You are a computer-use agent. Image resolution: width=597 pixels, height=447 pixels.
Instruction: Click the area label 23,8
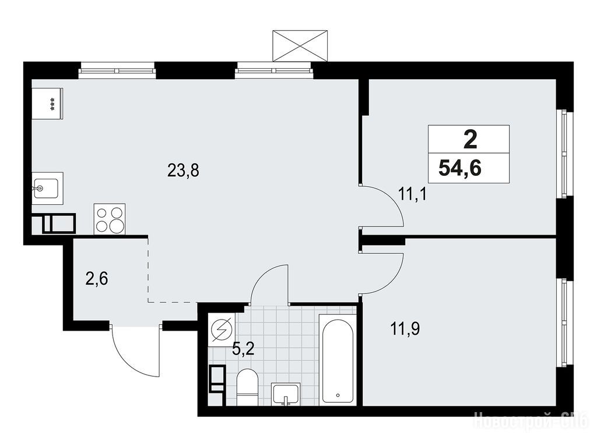pos(183,171)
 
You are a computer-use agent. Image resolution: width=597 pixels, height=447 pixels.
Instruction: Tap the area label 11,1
pos(412,195)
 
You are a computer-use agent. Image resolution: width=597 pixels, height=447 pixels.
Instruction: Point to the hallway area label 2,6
pos(97,279)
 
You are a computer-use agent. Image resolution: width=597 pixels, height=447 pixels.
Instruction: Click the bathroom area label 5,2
pos(243,349)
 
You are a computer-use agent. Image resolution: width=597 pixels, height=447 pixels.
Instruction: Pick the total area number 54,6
pos(460,168)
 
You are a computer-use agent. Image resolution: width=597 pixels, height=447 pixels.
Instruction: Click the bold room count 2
pos(470,140)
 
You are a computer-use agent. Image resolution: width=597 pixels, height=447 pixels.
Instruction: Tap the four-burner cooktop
pos(110,219)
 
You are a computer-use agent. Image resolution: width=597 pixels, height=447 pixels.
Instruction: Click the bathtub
pos(338,360)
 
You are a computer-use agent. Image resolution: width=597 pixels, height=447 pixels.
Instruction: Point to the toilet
pos(247,387)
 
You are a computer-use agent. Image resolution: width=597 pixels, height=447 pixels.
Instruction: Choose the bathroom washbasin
pos(286,394)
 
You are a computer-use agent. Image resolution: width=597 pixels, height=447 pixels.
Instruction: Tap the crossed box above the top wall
pos(300,45)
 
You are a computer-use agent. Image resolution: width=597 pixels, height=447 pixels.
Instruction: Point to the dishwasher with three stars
pos(47,104)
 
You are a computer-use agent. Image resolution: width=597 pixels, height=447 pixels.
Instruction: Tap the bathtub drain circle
pos(338,395)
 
